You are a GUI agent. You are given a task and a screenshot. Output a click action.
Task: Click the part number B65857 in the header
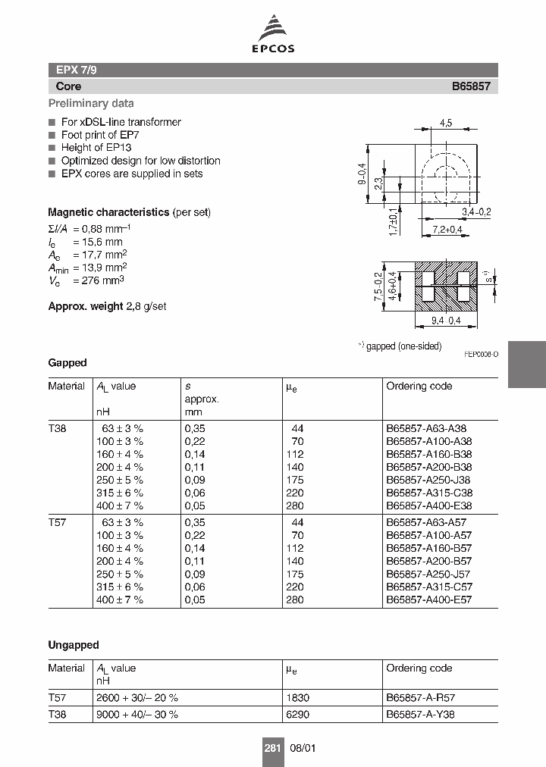point(471,86)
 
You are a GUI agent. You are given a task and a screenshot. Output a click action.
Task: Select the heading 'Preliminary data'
point(91,104)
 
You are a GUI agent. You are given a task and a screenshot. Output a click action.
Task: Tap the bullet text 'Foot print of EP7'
point(100,135)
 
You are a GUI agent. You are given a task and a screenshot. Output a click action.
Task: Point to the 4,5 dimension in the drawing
point(446,122)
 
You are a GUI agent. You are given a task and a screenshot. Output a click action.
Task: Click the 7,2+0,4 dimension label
point(448,228)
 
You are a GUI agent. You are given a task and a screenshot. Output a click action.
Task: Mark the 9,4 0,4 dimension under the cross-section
point(445,321)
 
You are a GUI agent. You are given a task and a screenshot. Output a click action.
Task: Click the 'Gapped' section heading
point(67,363)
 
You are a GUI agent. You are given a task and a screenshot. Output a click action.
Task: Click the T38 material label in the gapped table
point(58,428)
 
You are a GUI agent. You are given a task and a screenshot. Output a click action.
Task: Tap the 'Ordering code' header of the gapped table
point(419,387)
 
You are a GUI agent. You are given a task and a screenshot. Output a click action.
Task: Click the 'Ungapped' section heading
point(74,645)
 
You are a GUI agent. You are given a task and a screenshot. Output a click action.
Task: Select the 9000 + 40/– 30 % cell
point(137,714)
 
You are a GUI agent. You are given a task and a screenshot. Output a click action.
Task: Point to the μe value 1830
point(297,698)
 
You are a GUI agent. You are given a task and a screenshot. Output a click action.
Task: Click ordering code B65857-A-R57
point(421,698)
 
